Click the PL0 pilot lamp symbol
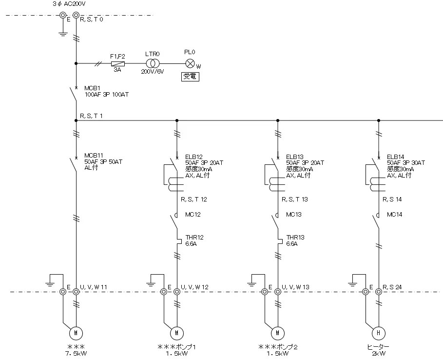pos(190,63)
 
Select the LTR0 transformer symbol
pos(153,63)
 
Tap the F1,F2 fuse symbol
pos(117,63)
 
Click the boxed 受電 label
pos(191,76)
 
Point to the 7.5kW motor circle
pos(76,333)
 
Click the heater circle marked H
pos(378,333)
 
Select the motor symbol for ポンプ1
pos(176,333)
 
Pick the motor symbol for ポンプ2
pos(277,333)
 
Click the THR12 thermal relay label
pos(194,238)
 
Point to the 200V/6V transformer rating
pos(153,71)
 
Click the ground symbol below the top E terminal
pos(63,34)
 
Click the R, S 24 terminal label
pos(392,287)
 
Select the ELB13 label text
pos(295,157)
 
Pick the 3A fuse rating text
pos(117,70)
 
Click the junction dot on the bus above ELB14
pos(379,120)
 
